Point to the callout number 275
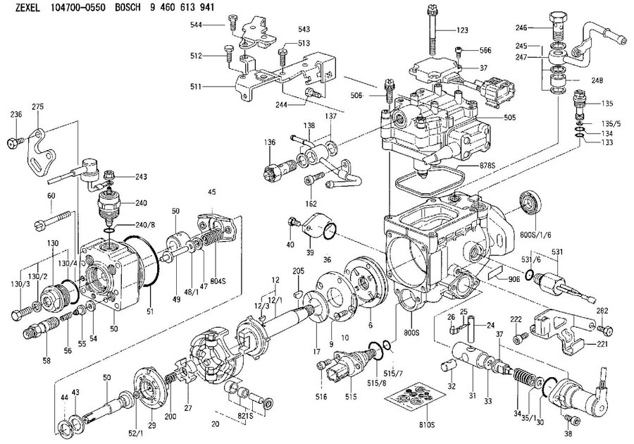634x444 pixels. (38, 106)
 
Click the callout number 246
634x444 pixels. (521, 28)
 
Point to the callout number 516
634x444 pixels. (321, 397)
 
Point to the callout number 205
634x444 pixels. (299, 271)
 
